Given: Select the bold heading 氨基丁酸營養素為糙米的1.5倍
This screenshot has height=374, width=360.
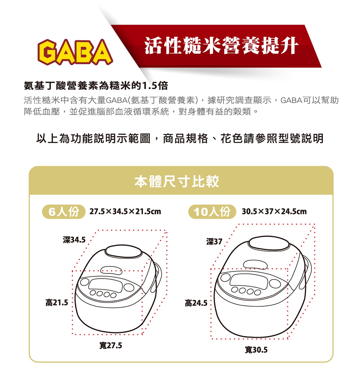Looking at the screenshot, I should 96,86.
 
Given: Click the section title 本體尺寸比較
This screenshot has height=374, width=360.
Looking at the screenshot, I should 177,182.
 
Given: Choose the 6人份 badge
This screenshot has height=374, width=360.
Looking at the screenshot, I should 64,212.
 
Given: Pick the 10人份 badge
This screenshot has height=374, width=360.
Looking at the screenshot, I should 212,212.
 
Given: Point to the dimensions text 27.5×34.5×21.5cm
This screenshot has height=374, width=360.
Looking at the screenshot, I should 125,212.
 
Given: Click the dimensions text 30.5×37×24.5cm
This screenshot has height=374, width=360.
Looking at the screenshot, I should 274,212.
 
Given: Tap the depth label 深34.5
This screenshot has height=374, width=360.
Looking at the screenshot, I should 74,240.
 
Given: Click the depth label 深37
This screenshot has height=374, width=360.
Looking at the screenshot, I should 214,241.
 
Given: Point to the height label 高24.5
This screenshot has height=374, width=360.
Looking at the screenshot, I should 196,303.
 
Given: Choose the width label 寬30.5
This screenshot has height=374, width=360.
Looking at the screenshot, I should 256,350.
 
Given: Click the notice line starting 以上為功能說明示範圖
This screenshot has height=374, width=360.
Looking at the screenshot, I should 179,138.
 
